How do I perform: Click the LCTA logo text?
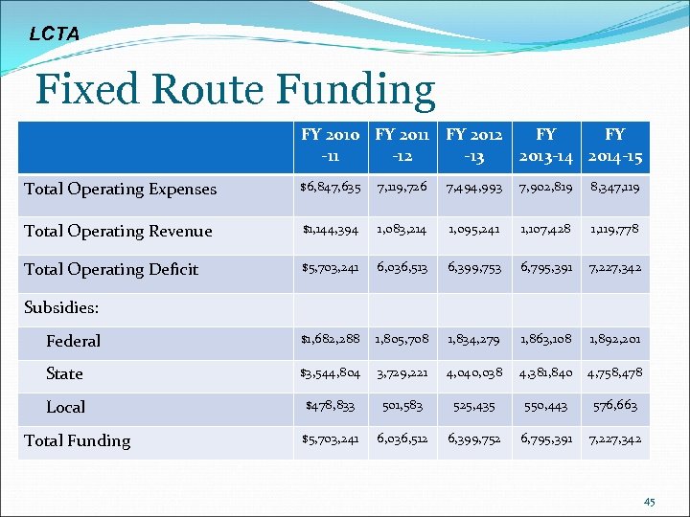tap(54, 34)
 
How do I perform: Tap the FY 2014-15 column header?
tap(614, 146)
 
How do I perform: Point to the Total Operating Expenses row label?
tap(121, 189)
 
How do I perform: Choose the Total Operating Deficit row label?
tap(111, 269)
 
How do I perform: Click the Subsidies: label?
tap(62, 308)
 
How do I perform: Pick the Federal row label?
tap(73, 341)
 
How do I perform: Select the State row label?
tap(64, 373)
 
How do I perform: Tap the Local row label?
tap(65, 407)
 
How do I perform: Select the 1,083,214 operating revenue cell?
tap(402, 230)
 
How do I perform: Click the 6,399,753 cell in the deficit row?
tap(472, 269)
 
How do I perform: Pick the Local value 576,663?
tap(614, 406)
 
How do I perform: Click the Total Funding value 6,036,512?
tap(402, 439)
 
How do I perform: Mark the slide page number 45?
tap(650, 500)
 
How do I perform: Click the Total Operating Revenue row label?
tap(118, 231)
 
